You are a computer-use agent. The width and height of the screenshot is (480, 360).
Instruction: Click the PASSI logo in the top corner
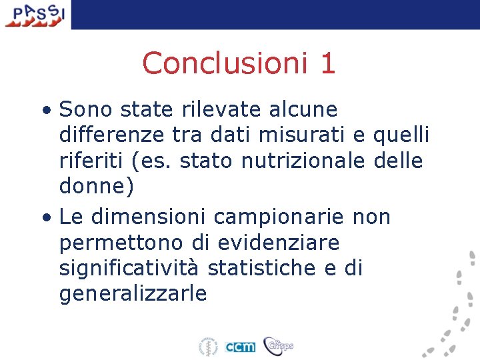[x=34, y=14]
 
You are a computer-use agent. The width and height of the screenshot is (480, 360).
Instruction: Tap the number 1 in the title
[x=327, y=63]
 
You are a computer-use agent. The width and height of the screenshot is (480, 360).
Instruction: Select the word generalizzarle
[x=133, y=294]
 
